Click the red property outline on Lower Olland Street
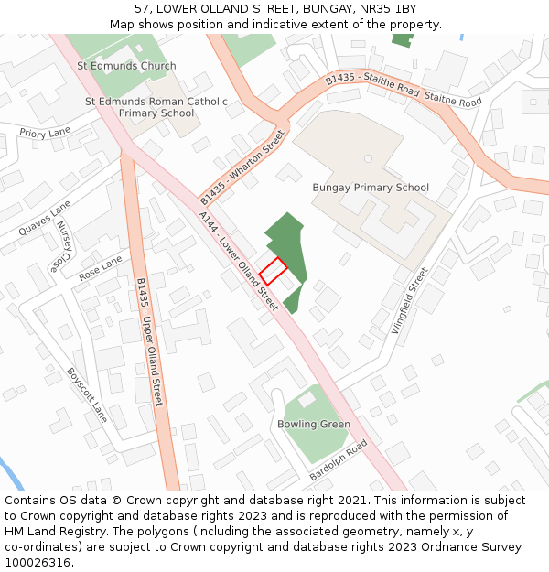click(273, 270)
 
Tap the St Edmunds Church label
click(126, 66)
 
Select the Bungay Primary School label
click(371, 188)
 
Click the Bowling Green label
click(314, 425)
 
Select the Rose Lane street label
click(101, 268)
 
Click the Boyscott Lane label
click(87, 395)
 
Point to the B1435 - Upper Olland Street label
click(149, 342)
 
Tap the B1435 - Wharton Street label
click(243, 167)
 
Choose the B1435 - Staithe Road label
click(372, 87)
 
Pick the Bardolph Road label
click(338, 460)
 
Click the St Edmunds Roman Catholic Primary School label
click(156, 107)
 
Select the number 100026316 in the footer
click(38, 562)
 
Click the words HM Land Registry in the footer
click(48, 531)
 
